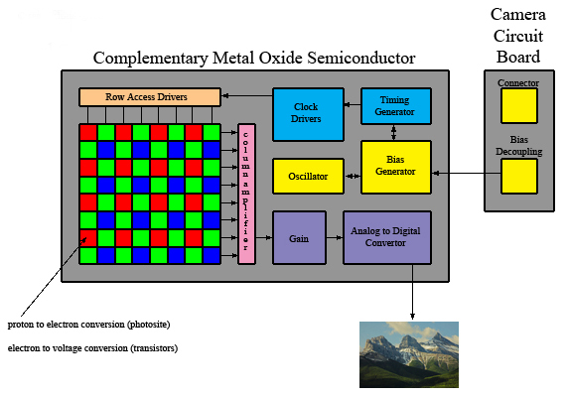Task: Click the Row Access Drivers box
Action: click(x=149, y=97)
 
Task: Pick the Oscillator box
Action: click(x=308, y=176)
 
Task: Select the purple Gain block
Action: click(x=299, y=237)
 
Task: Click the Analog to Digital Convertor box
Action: click(x=387, y=237)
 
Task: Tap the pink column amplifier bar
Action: click(x=246, y=195)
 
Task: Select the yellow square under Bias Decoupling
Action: click(x=518, y=176)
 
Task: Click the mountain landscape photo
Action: click(x=408, y=353)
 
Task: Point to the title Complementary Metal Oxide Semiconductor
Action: click(x=253, y=58)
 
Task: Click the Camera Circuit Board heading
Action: click(x=520, y=35)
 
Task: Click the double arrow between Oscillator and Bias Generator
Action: click(x=352, y=176)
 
